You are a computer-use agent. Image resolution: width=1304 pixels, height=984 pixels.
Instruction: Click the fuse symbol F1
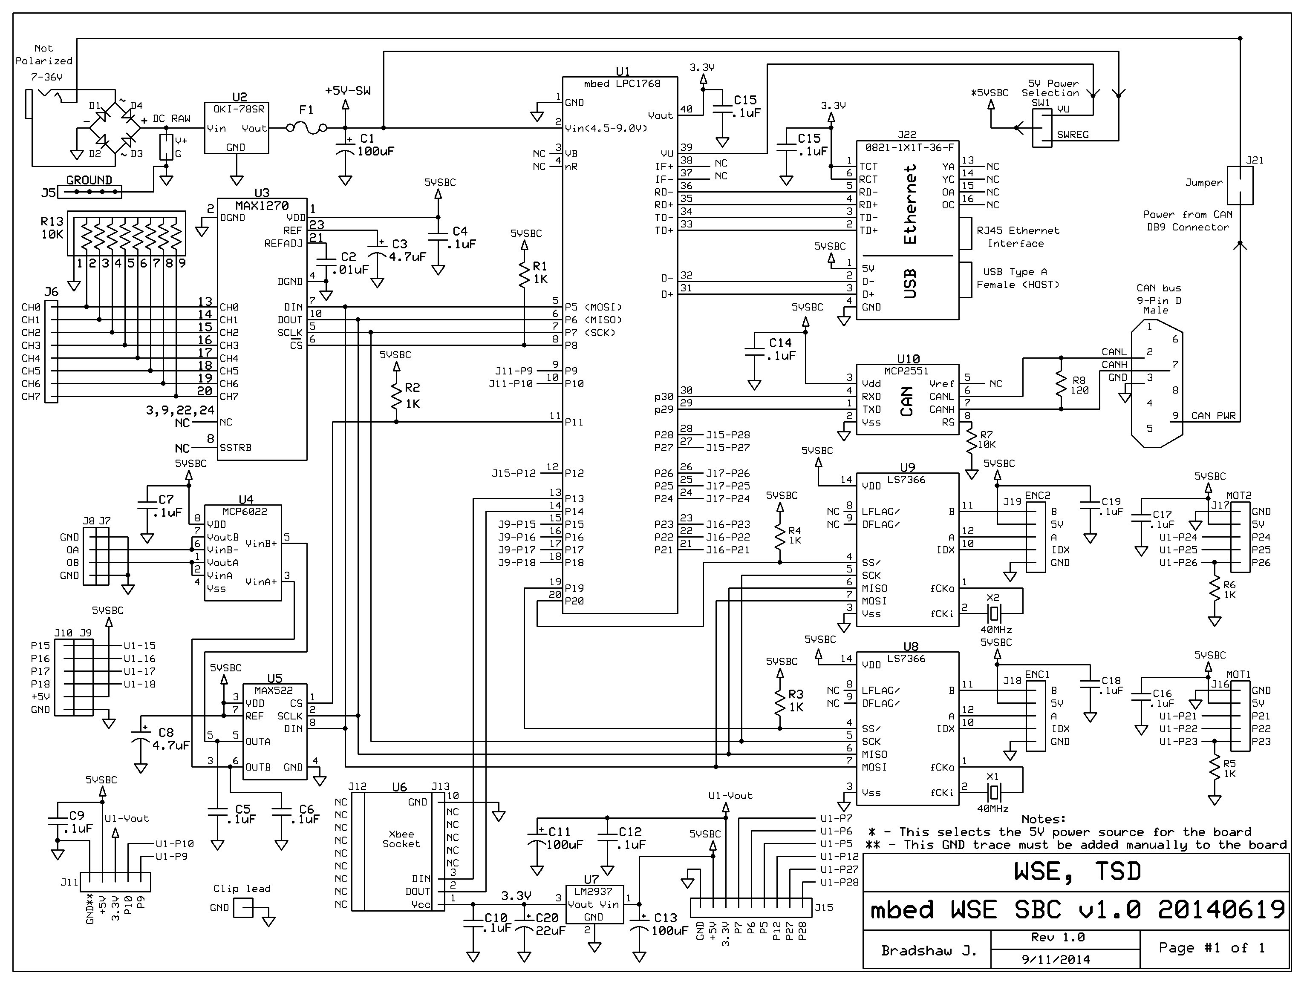[x=306, y=127]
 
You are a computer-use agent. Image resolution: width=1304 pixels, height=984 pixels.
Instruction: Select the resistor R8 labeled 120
[x=1061, y=383]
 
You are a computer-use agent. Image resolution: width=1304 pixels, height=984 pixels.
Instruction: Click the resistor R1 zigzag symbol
[x=524, y=275]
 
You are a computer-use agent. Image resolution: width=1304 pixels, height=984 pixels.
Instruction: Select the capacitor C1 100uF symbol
[x=345, y=147]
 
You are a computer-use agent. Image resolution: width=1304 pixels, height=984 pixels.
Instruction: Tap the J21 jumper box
[x=1239, y=185]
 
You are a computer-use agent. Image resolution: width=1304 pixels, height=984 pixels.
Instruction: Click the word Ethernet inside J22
[x=910, y=204]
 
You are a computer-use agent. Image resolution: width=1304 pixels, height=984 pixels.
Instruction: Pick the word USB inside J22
[x=910, y=283]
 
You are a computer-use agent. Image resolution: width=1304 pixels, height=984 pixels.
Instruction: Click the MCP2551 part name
[x=906, y=371]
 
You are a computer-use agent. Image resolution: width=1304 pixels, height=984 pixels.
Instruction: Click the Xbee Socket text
[x=401, y=838]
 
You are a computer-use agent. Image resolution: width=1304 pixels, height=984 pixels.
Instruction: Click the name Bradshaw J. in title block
[x=928, y=950]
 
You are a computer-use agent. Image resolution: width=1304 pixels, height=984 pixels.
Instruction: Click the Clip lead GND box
[x=242, y=908]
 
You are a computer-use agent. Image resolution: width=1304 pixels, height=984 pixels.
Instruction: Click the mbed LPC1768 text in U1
[x=622, y=83]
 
